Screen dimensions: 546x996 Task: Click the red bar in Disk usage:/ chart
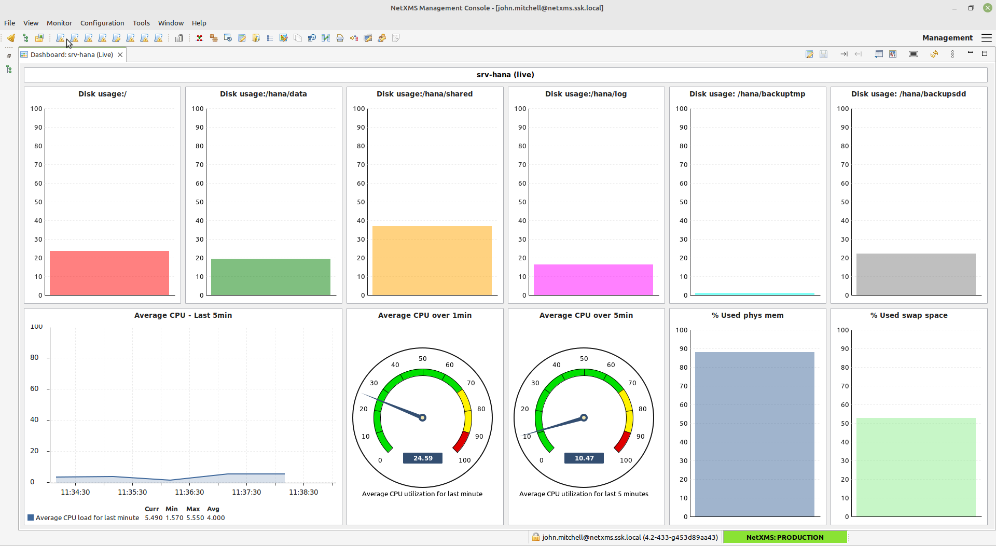click(x=109, y=273)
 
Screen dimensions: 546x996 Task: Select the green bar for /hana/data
click(x=271, y=277)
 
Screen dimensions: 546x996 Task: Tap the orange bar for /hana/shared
click(x=432, y=261)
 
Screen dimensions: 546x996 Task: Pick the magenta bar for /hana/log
click(x=593, y=280)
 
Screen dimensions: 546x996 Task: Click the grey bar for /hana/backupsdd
click(x=916, y=274)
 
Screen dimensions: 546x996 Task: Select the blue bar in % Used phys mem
click(x=755, y=435)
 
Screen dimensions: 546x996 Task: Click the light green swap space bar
click(x=916, y=467)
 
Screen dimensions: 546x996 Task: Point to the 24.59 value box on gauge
click(x=423, y=458)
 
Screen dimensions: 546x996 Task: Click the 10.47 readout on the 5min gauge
click(x=584, y=458)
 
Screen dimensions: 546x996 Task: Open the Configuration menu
click(x=102, y=23)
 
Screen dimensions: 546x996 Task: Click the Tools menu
click(x=141, y=23)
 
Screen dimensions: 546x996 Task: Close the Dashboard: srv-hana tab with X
click(x=120, y=54)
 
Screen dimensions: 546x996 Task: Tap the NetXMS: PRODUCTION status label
click(x=785, y=537)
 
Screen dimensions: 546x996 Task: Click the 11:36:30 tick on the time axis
click(x=189, y=492)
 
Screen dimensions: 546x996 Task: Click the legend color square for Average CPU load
click(x=31, y=517)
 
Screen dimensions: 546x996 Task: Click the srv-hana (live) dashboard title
click(x=505, y=75)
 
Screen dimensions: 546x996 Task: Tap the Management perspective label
click(x=947, y=38)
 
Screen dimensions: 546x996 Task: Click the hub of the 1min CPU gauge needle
click(x=423, y=418)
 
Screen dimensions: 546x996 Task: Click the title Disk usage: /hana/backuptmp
click(x=747, y=94)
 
